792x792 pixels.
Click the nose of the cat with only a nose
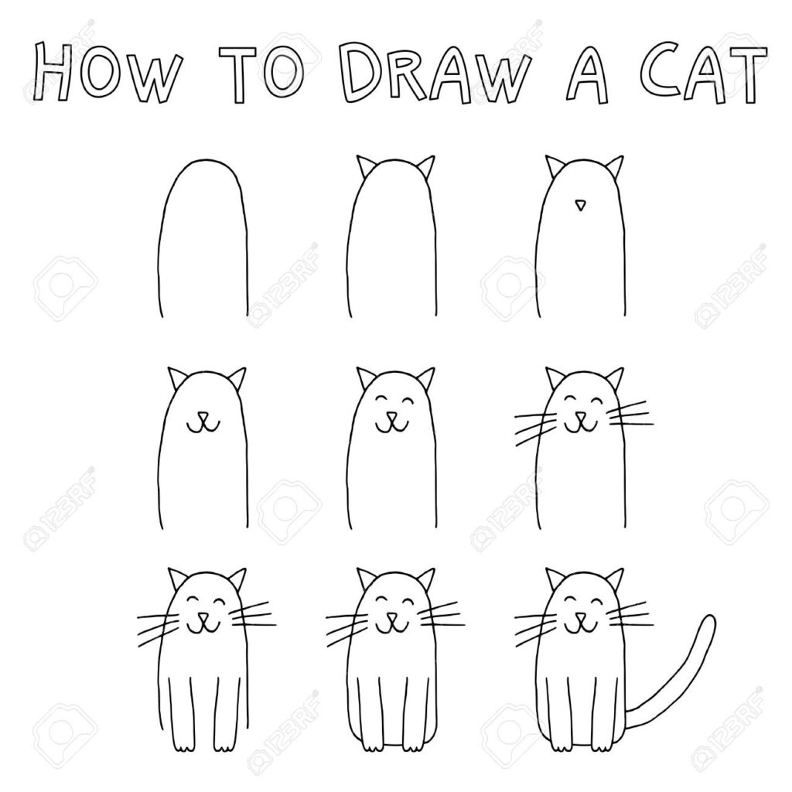click(x=580, y=204)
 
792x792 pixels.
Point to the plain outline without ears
click(x=203, y=238)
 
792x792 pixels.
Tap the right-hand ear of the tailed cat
click(x=614, y=578)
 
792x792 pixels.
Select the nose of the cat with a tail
click(x=581, y=618)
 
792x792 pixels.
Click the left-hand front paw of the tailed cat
click(x=560, y=746)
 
